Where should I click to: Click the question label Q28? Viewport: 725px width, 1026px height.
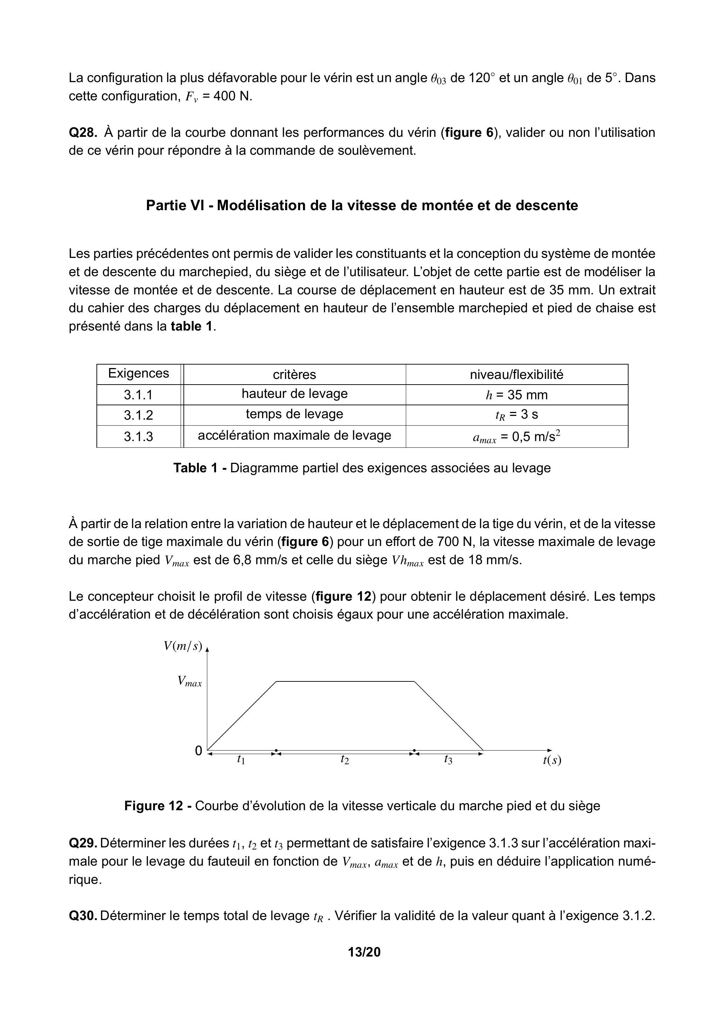click(x=83, y=133)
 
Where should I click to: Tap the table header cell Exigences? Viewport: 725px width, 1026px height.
click(x=139, y=374)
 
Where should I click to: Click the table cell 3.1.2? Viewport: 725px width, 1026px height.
click(x=139, y=415)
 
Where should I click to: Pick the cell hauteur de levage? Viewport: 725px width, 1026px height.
click(x=294, y=394)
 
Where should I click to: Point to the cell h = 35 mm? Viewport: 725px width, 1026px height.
click(x=516, y=395)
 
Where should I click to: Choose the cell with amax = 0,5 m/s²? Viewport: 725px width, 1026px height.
click(x=516, y=436)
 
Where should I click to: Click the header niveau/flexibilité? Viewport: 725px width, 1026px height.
click(x=516, y=374)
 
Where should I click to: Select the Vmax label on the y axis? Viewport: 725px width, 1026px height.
click(x=189, y=681)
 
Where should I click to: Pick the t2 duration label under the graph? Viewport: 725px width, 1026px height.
click(x=344, y=759)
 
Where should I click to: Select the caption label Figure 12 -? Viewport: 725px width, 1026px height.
click(x=158, y=806)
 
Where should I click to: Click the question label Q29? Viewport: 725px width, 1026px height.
click(x=83, y=843)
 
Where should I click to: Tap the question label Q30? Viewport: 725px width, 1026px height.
click(x=83, y=916)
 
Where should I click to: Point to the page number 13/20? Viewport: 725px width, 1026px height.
click(x=364, y=952)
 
